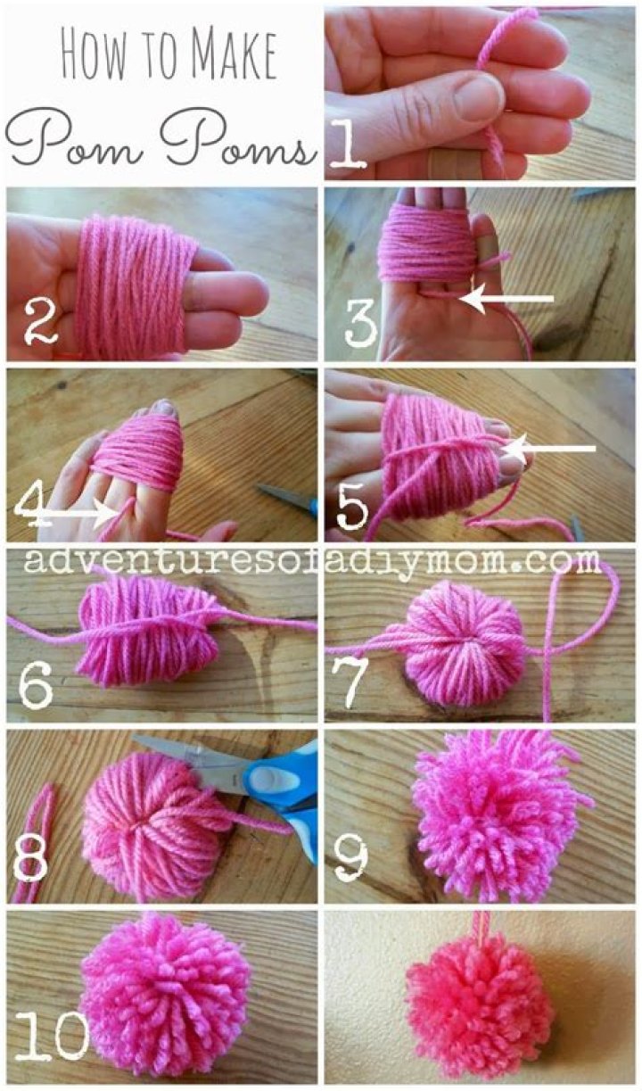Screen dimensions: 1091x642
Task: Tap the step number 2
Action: tap(39, 320)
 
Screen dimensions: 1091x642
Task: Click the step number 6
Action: tap(36, 683)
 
